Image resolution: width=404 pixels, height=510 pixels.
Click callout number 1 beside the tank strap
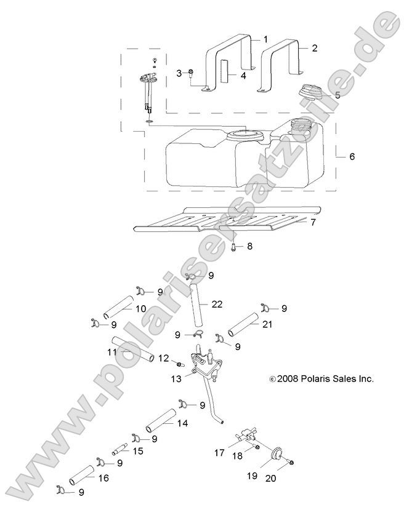coord(265,39)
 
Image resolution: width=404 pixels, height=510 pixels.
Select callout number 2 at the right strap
coord(315,47)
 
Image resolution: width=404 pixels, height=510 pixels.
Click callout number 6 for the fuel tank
coord(352,157)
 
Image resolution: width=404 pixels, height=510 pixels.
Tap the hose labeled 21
coord(244,325)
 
